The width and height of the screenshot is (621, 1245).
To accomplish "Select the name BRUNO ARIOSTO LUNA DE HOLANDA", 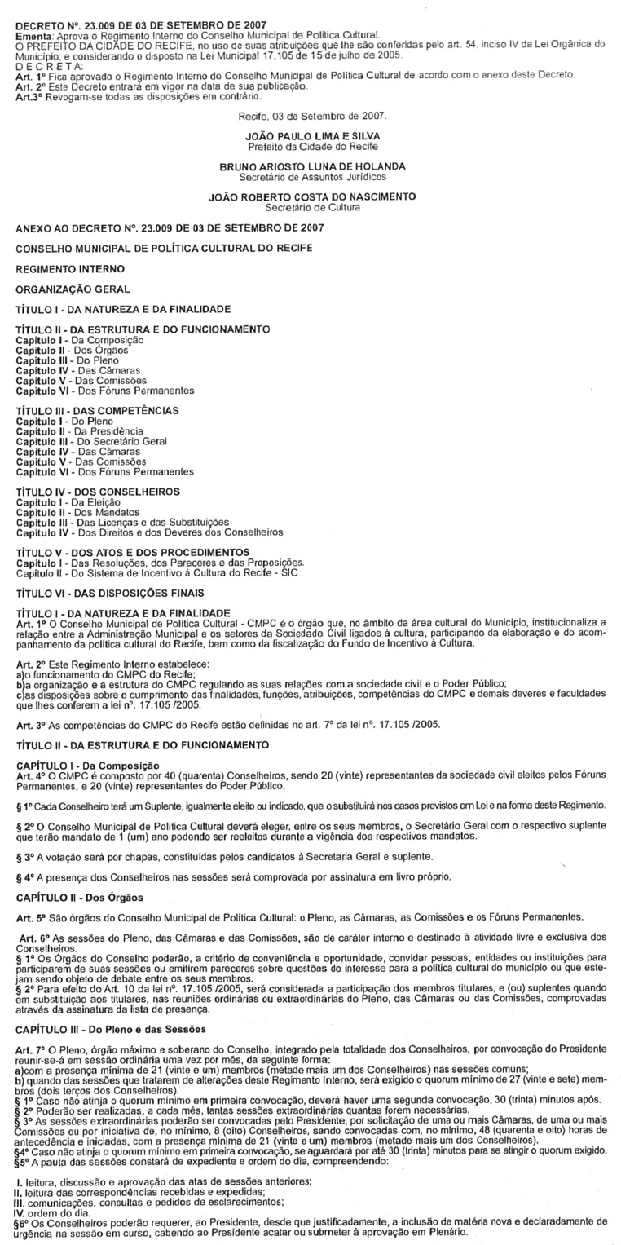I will coord(312,167).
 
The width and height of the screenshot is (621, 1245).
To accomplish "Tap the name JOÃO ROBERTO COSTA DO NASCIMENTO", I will coord(312,196).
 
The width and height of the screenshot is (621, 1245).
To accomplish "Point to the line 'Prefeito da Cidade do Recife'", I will coord(311,147).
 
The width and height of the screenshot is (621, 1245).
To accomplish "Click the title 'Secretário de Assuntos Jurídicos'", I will coord(312,176).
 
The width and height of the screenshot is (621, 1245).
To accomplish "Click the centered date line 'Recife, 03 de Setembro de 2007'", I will coord(312,117).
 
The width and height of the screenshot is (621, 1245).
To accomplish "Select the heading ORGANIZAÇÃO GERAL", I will coord(73,289).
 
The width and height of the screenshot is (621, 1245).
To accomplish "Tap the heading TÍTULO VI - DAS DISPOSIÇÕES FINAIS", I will coord(111,593).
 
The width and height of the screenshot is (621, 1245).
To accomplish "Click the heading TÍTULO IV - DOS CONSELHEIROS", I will coord(98,492).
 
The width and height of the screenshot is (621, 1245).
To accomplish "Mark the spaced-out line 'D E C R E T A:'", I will coord(49,66).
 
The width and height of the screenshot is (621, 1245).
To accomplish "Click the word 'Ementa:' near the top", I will coord(33,35).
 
